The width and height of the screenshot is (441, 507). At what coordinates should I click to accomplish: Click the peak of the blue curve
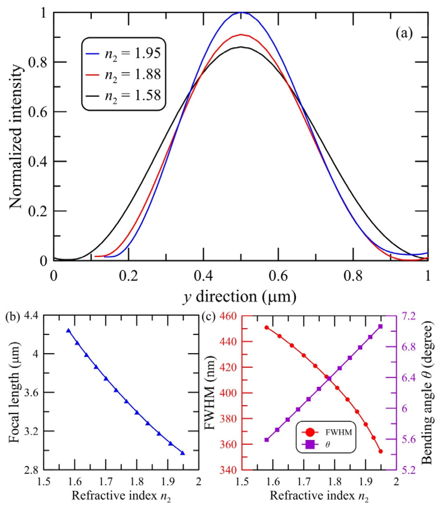pos(241,12)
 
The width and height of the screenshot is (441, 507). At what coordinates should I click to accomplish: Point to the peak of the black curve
pos(241,47)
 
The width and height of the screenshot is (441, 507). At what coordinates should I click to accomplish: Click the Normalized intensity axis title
pos(16,136)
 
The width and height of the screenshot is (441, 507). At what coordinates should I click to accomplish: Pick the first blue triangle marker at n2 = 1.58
pos(68,330)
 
